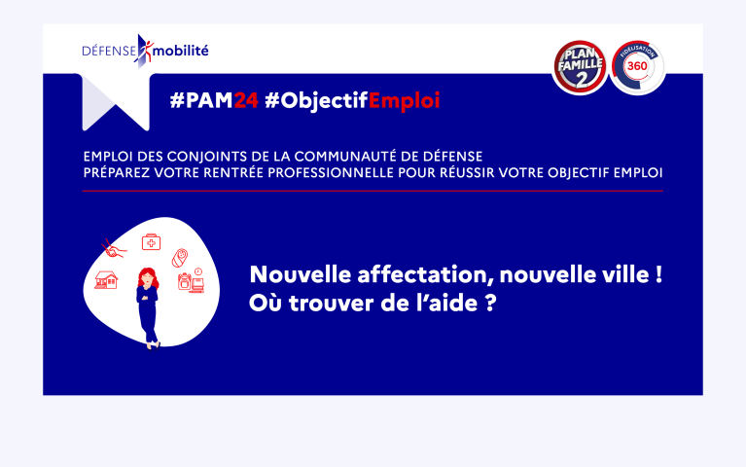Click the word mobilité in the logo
tap(181, 50)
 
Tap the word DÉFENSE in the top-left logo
tap(110, 51)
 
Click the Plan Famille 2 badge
tap(580, 67)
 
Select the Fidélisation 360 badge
tap(637, 67)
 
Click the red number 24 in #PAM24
tap(246, 100)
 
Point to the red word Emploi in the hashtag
tap(404, 101)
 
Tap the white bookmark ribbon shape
tap(116, 102)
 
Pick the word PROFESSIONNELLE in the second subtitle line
tap(331, 173)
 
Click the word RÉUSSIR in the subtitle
tap(467, 172)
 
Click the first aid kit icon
tap(152, 242)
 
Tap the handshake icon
tap(114, 249)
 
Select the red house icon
tap(106, 280)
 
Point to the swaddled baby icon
tap(180, 258)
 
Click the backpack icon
tap(184, 281)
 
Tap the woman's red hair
tap(148, 277)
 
